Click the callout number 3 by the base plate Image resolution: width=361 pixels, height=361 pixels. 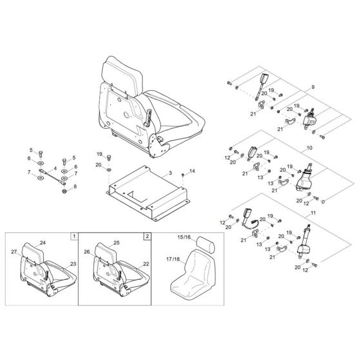170,173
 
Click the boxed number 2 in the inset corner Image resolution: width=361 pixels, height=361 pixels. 148,237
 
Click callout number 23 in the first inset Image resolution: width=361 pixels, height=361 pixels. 72,264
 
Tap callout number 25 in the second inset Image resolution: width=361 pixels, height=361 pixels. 117,242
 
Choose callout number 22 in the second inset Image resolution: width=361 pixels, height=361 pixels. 146,264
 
